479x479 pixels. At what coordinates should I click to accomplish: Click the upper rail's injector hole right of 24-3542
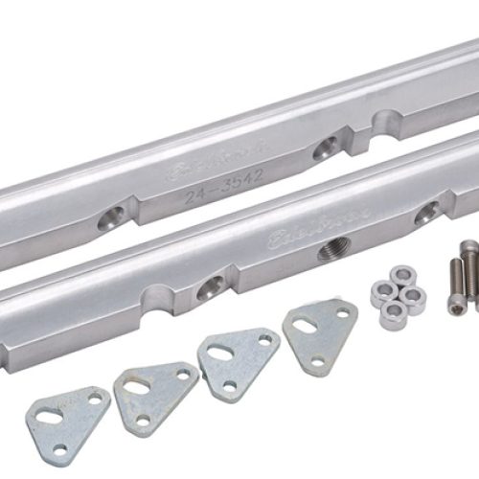pos(327,146)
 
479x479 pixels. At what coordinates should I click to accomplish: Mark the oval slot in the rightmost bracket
pos(305,325)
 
